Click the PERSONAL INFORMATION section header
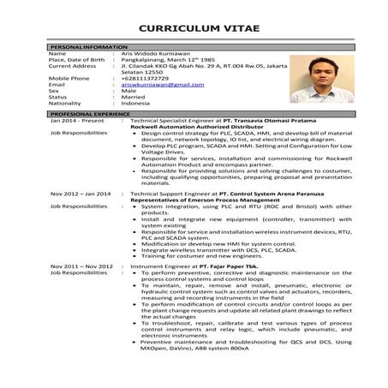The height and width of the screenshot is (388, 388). tap(88, 46)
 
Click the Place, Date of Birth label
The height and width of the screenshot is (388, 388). tap(79, 59)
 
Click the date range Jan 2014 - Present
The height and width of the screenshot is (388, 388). tap(76, 122)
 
